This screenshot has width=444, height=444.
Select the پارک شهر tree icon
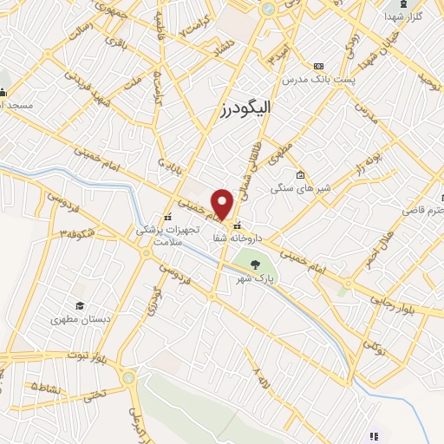tap(255, 264)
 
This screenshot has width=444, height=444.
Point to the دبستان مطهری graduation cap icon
tap(80, 306)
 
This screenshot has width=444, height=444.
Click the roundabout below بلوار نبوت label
tap(128, 377)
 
